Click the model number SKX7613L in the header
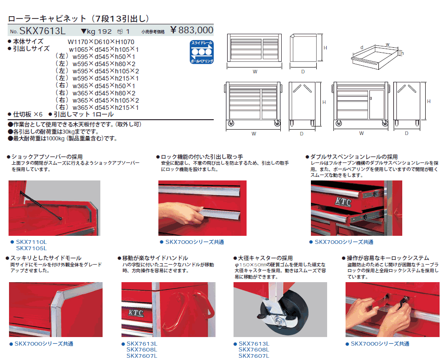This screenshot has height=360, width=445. [x=42, y=31]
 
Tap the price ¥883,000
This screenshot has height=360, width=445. [x=192, y=30]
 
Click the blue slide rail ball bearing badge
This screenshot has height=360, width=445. [x=202, y=52]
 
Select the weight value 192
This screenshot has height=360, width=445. [x=105, y=31]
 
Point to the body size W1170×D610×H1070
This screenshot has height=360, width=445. [x=101, y=42]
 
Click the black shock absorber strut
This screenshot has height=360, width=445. [x=41, y=205]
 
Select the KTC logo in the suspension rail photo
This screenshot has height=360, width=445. [x=343, y=202]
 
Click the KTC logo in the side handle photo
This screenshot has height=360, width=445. [x=135, y=313]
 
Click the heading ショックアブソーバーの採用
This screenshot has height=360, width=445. [x=47, y=157]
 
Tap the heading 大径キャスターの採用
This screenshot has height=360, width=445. [x=265, y=258]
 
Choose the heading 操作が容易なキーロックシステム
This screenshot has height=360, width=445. [x=388, y=258]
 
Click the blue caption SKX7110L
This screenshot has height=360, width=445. [x=31, y=242]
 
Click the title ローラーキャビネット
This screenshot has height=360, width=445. [x=47, y=19]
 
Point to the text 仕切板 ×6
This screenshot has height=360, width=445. [x=27, y=114]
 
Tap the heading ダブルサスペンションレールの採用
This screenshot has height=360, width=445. [x=354, y=157]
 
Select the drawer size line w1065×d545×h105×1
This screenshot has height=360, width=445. [x=104, y=49]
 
